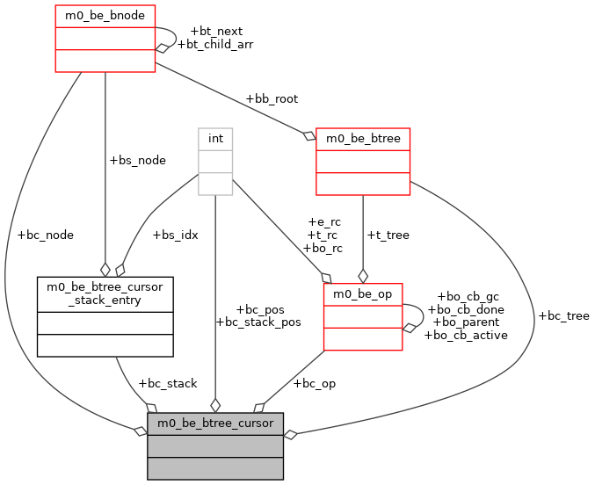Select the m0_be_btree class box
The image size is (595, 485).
tap(363, 161)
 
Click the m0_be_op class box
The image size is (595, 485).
tap(363, 316)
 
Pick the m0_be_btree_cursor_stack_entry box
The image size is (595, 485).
tap(105, 316)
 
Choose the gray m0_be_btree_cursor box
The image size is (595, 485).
tap(215, 445)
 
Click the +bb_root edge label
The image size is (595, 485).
tap(272, 98)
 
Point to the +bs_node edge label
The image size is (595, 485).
tap(137, 160)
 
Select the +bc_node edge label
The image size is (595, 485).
tap(45, 235)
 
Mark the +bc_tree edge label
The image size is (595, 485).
tap(563, 315)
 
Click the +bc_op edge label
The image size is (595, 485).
tap(314, 383)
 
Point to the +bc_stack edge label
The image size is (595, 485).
tap(168, 383)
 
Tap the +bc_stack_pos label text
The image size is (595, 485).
tap(258, 322)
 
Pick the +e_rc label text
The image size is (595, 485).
tap(324, 221)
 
